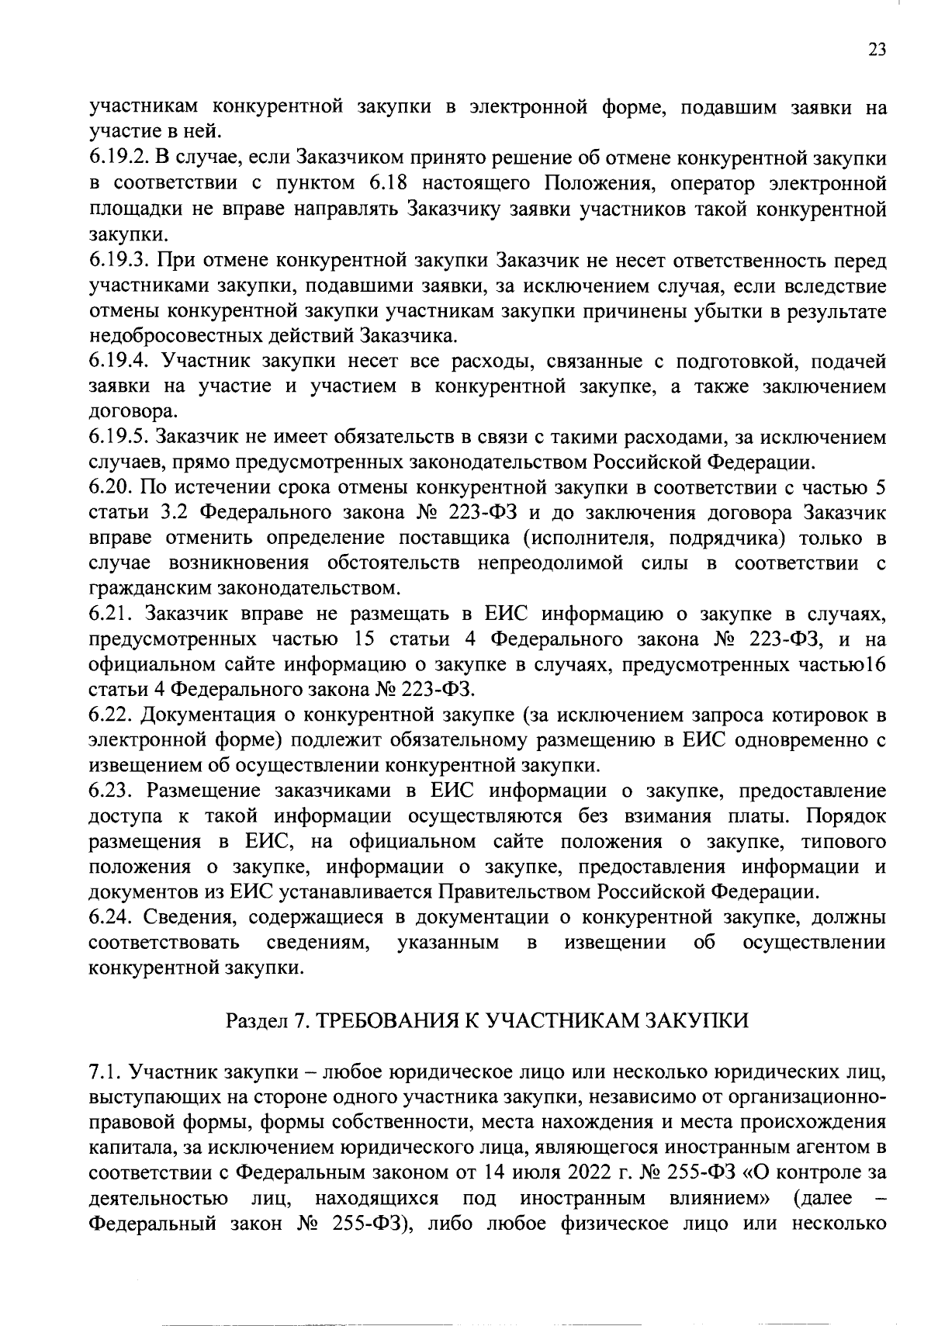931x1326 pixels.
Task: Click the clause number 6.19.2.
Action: pos(116,158)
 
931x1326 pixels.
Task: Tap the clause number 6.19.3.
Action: pos(116,260)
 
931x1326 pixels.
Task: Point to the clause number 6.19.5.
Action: pos(116,438)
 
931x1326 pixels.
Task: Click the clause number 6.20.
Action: pos(109,488)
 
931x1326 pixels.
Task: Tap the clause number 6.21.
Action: pos(109,615)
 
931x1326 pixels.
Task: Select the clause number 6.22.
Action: pos(109,715)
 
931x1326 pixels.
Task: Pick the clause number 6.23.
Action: pos(109,791)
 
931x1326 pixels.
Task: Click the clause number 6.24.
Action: pos(109,918)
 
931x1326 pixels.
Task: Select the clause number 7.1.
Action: pos(103,1073)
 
